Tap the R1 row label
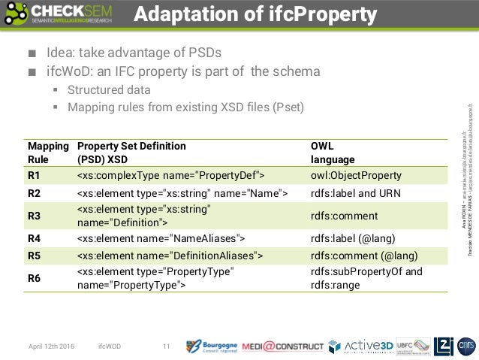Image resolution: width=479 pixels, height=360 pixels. (x=34, y=175)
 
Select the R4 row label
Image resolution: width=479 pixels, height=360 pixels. (x=34, y=238)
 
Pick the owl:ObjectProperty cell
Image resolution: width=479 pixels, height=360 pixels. (x=356, y=175)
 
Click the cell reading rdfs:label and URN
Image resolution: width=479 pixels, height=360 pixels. (x=356, y=194)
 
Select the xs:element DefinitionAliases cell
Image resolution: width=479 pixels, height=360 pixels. (x=170, y=256)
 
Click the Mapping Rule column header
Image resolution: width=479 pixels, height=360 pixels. (x=47, y=153)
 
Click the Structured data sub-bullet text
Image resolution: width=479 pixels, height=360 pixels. (x=109, y=90)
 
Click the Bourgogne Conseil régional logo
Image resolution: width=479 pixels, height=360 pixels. (x=211, y=346)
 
